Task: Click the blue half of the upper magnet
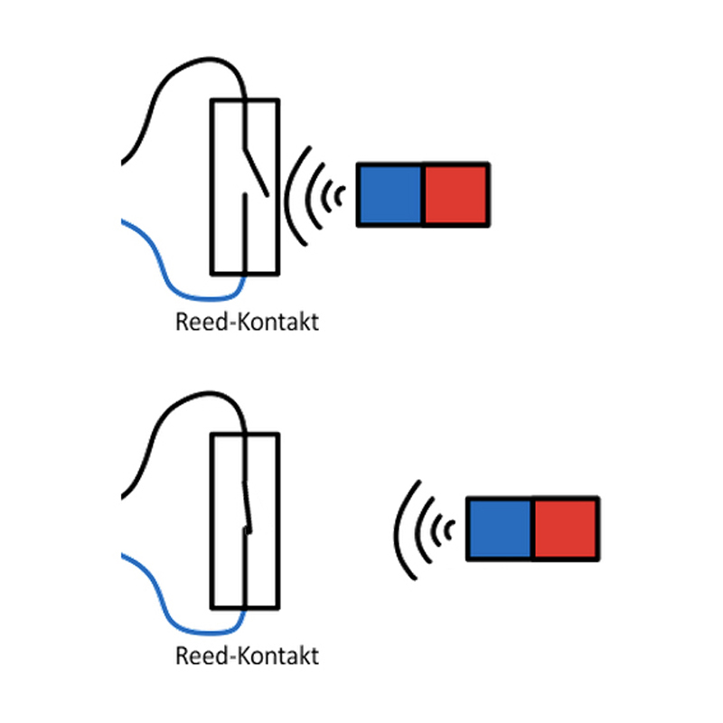pos(390,194)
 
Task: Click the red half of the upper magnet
pos(456,194)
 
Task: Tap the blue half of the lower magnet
pos(499,529)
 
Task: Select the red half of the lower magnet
pos(565,529)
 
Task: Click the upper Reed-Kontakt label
pos(247,322)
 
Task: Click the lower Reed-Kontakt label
pos(247,655)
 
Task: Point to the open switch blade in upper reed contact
pos(254,167)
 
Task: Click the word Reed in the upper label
pos(196,322)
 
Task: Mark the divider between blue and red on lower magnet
pos(532,529)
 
